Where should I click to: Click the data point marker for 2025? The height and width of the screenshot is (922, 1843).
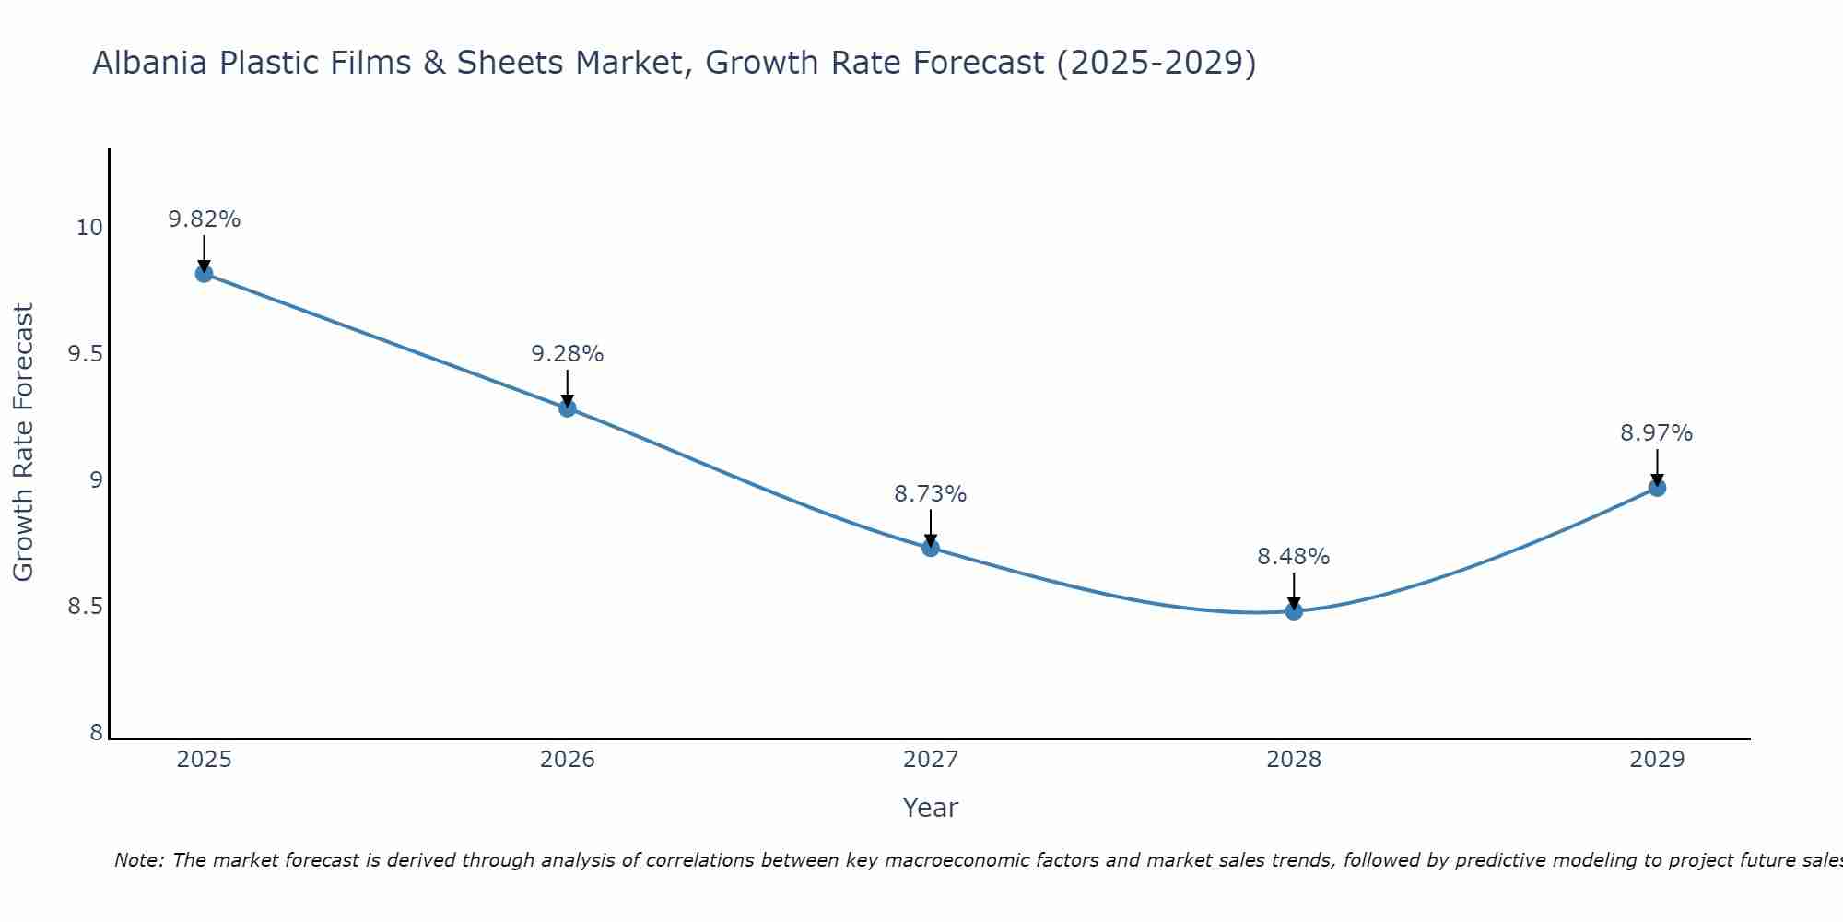[x=204, y=274]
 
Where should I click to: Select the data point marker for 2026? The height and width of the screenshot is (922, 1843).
[x=568, y=408]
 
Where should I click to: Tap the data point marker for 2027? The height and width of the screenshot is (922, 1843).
[x=931, y=548]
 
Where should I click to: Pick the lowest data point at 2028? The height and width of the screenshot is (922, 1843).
[x=1294, y=610]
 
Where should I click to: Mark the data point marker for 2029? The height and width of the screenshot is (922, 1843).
[x=1657, y=488]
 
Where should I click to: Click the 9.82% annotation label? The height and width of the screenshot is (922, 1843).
[x=204, y=219]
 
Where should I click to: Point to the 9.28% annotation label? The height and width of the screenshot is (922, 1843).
[x=568, y=354]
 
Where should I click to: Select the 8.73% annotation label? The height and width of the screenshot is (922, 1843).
[x=931, y=494]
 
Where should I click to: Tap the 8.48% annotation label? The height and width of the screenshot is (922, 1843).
[x=1294, y=557]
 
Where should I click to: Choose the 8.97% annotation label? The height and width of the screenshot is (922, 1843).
[x=1657, y=433]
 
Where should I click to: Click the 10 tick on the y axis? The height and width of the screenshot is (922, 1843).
[x=89, y=228]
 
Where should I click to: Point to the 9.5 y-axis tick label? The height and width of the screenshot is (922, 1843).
[x=85, y=354]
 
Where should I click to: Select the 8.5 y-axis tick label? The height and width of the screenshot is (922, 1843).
[x=85, y=607]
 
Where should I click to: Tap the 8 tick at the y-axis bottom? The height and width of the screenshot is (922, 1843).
[x=96, y=733]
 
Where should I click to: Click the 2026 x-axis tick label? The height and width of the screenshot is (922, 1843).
[x=568, y=760]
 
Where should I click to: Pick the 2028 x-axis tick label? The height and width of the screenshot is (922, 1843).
[x=1294, y=760]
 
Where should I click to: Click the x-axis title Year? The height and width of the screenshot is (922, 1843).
[x=931, y=808]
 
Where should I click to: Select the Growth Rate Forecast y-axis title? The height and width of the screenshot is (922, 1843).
[x=24, y=443]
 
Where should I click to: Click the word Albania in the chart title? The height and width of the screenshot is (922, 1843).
[x=150, y=63]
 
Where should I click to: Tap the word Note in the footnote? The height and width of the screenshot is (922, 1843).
[x=137, y=860]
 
